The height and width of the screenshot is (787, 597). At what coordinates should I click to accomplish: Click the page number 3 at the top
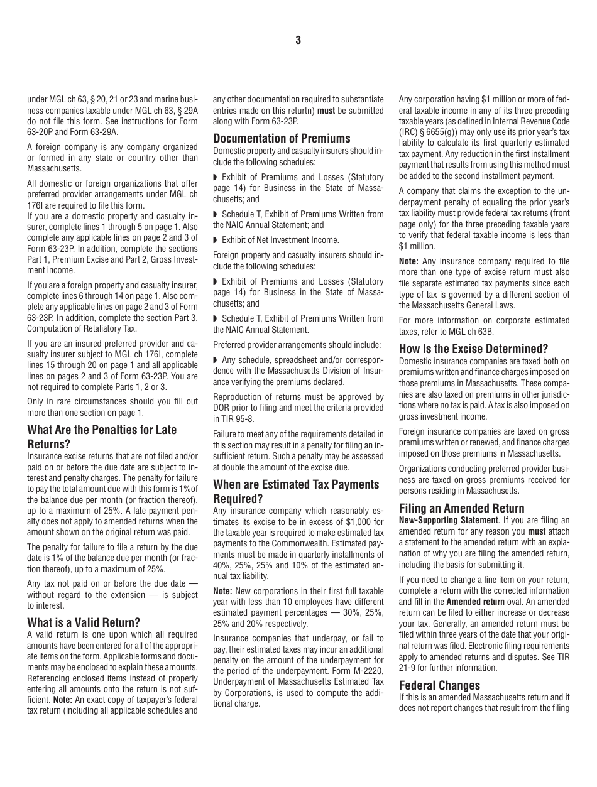pos(298,41)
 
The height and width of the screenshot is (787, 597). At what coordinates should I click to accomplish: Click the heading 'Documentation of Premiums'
pos(282,138)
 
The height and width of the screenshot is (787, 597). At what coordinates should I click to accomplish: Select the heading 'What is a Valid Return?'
pos(84,622)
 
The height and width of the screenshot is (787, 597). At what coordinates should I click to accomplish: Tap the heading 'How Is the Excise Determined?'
pos(473,349)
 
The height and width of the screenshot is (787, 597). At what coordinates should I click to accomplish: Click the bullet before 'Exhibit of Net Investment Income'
pos(215,240)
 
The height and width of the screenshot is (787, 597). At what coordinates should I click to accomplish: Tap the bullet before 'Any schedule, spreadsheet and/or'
pos(215,360)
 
